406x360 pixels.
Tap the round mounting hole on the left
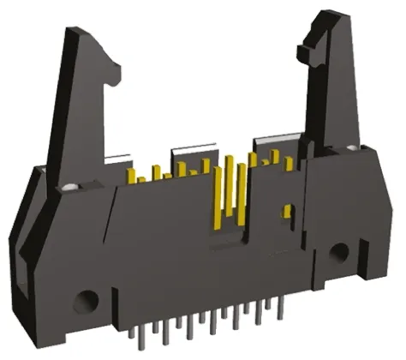(x=85, y=301)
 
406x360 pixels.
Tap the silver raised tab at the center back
(x=189, y=156)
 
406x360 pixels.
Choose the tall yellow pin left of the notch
(x=218, y=201)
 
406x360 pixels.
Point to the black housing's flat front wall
(x=171, y=257)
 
